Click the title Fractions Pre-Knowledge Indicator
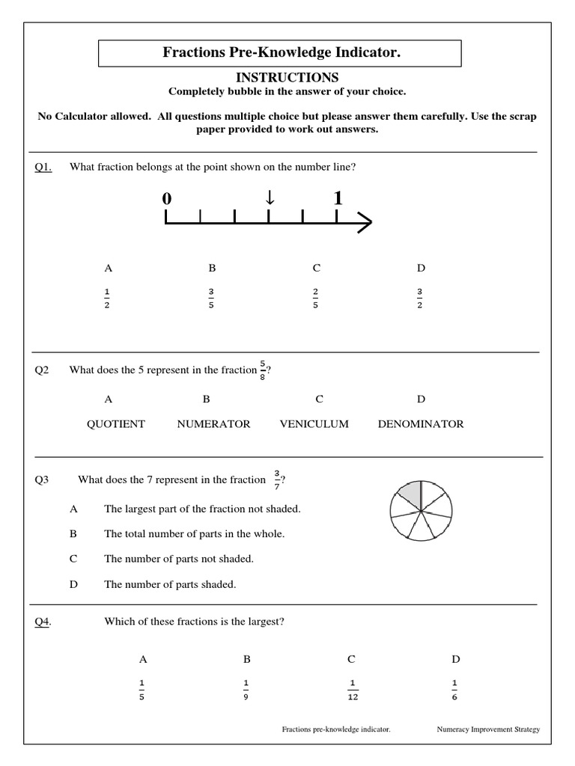281,52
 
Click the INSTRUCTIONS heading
287,78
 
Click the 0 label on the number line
166,199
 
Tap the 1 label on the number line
338,198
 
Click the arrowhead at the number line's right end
365,222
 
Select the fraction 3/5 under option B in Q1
212,298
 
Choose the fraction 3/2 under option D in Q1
420,298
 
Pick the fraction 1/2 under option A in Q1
108,298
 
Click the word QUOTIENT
116,424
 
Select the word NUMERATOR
213,424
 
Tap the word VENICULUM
314,424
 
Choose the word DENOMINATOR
421,424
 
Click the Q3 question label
42,480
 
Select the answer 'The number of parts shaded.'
170,584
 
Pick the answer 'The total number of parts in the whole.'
194,534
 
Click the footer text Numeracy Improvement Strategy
487,729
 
